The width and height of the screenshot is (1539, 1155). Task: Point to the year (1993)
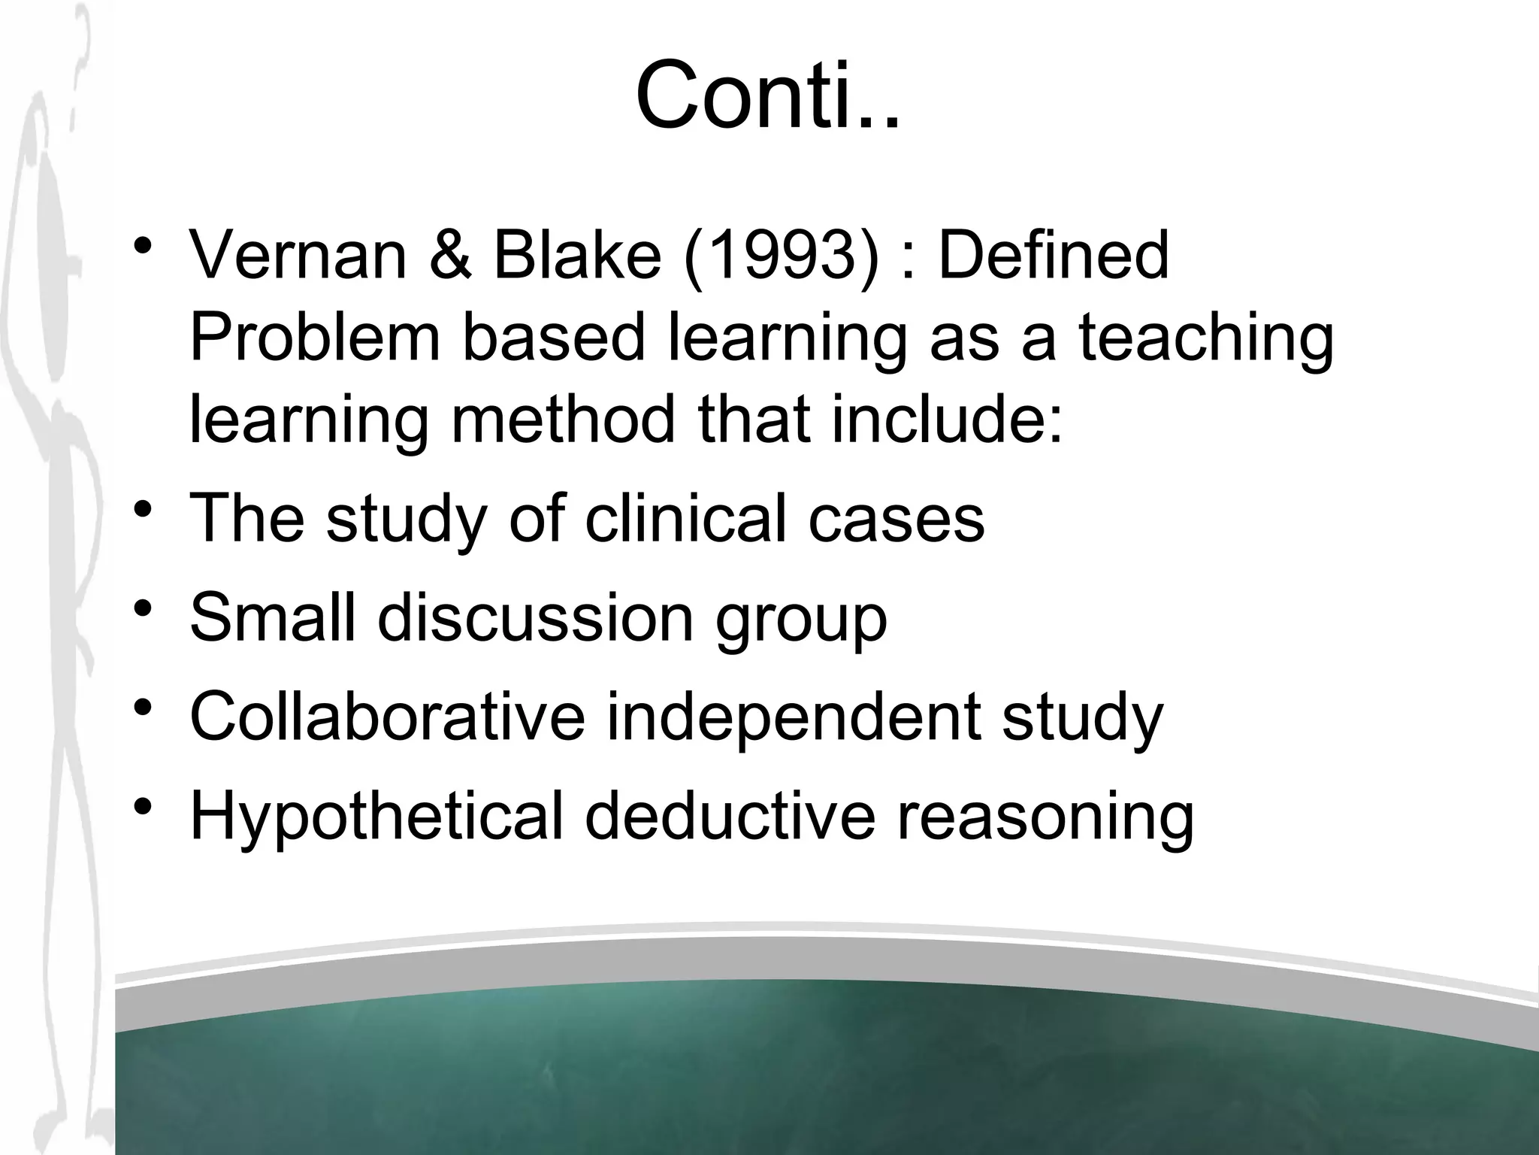tap(781, 256)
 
